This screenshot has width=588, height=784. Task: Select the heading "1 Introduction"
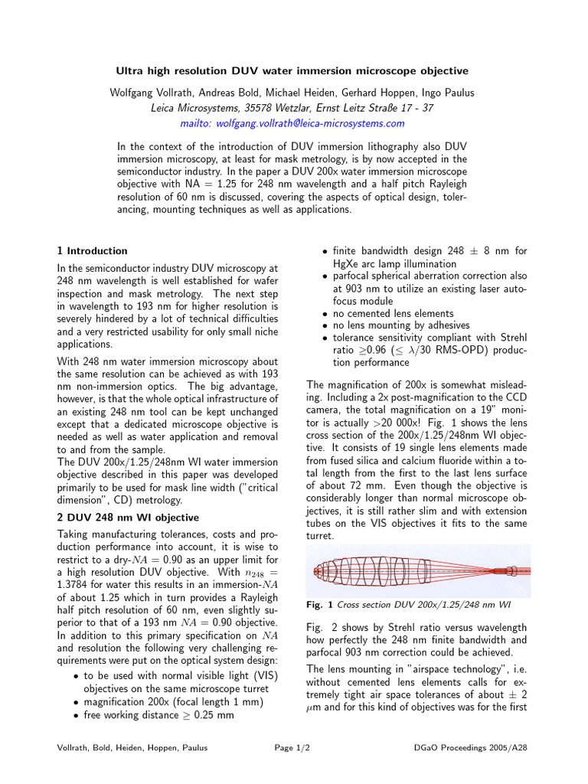click(x=93, y=250)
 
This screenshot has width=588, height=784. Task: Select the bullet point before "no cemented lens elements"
click(x=326, y=314)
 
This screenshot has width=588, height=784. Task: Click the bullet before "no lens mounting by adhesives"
click(x=326, y=326)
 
